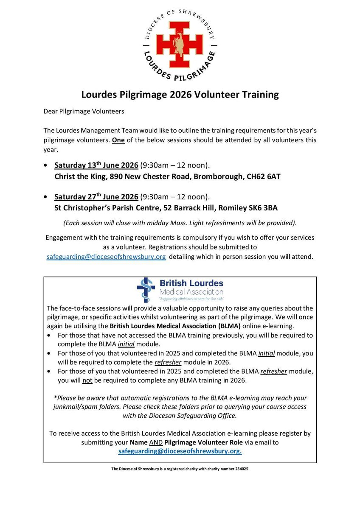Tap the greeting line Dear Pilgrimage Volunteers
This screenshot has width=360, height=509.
(x=83, y=112)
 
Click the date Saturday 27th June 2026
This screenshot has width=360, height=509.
(x=96, y=197)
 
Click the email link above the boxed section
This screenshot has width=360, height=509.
(x=106, y=257)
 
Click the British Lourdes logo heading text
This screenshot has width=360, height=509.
(x=191, y=283)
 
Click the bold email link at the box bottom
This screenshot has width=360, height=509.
(x=180, y=451)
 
